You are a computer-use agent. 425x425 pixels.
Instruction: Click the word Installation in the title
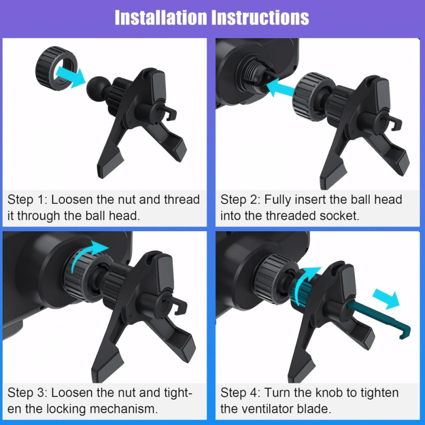point(161,18)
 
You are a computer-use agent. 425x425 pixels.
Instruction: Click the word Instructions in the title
point(260,18)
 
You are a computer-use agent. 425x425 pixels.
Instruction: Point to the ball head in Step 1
point(96,88)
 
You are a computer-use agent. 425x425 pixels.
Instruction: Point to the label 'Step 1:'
point(28,200)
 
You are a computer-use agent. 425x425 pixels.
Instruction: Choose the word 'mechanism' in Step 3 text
point(124,409)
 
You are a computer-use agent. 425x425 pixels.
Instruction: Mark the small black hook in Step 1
point(169,113)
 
